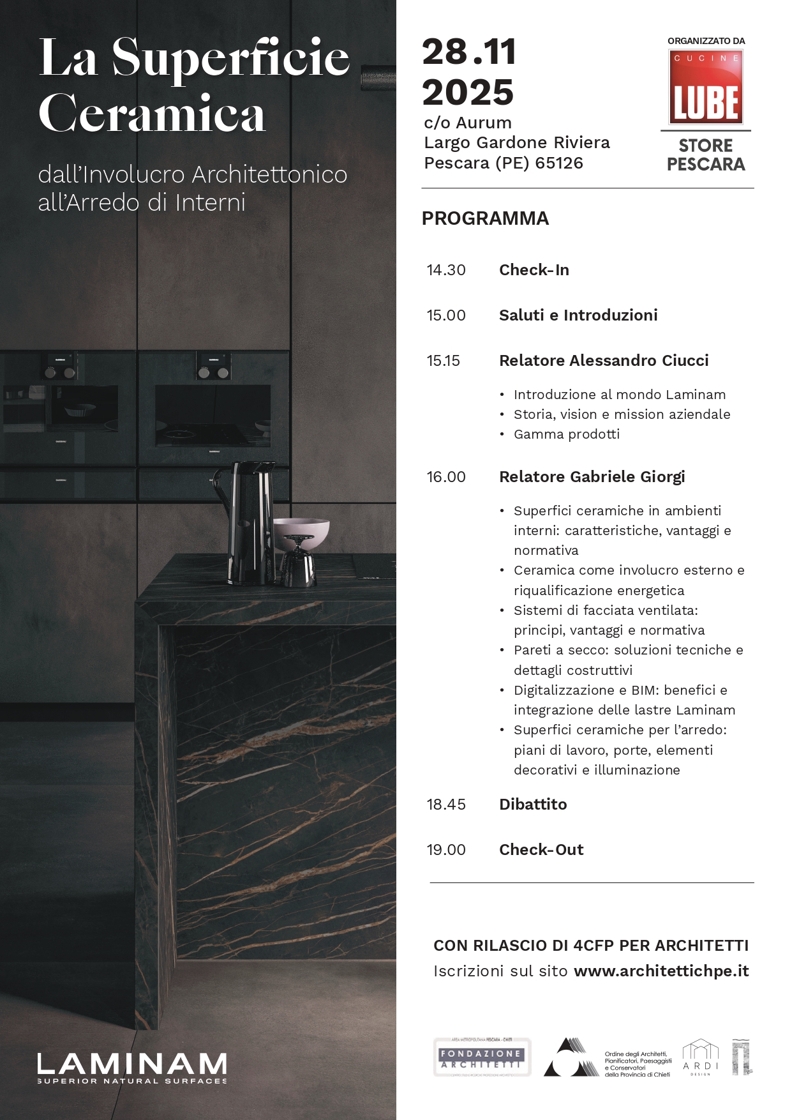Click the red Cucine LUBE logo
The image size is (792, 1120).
coord(706,87)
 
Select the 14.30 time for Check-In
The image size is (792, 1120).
coord(446,270)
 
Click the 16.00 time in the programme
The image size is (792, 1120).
coord(446,477)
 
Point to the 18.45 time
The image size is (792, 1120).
coord(446,805)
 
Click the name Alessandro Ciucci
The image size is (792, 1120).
coord(639,361)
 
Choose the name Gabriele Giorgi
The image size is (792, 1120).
coord(627,477)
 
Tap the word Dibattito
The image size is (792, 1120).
coord(533,805)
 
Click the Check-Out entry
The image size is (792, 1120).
coord(541,850)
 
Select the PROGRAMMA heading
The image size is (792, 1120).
coord(485,218)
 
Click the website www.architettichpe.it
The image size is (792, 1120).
coord(661,971)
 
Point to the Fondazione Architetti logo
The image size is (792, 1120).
coord(482,1057)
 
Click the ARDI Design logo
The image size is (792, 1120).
coord(700,1057)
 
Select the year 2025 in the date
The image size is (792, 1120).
coord(468,93)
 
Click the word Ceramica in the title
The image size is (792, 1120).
coord(152,114)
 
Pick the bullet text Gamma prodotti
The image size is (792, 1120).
coord(567,434)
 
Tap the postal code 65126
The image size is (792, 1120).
coord(559,163)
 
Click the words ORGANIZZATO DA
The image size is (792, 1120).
coord(706,41)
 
